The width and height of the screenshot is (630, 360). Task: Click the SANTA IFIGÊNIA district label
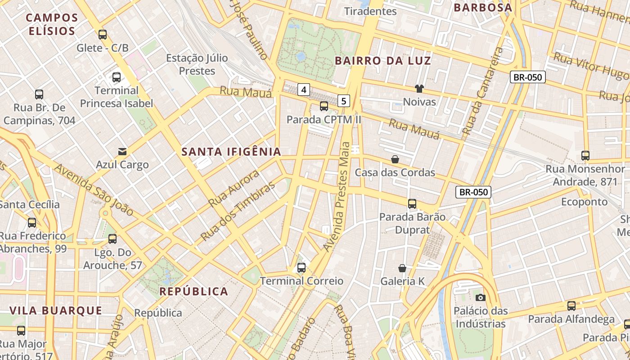[x=231, y=152]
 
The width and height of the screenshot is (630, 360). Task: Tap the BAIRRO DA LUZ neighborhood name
[x=383, y=61]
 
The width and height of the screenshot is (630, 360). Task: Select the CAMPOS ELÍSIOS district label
[x=52, y=24]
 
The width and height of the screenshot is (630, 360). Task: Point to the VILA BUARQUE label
[x=56, y=310]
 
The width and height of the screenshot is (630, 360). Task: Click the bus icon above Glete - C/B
[x=103, y=35]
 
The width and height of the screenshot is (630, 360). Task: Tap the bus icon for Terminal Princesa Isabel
[x=117, y=77]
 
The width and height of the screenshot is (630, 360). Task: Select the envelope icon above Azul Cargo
[x=122, y=152]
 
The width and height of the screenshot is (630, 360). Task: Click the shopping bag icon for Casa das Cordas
[x=395, y=159]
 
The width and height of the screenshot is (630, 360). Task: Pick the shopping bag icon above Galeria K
[x=402, y=268]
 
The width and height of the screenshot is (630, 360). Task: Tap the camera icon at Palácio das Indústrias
[x=480, y=297]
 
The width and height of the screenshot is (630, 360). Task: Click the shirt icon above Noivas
[x=419, y=89]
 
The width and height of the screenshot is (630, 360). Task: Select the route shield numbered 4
[x=304, y=90]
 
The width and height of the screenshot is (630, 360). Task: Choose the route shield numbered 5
[x=344, y=101]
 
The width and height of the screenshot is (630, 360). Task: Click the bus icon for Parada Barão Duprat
[x=412, y=204]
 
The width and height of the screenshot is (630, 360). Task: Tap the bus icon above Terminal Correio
[x=301, y=268]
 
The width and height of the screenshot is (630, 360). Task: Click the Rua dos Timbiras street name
[x=238, y=211]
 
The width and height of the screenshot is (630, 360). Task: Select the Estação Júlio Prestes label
[x=197, y=64]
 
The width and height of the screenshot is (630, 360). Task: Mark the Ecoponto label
[x=584, y=202]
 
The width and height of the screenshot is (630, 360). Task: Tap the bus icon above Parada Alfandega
[x=571, y=306]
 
